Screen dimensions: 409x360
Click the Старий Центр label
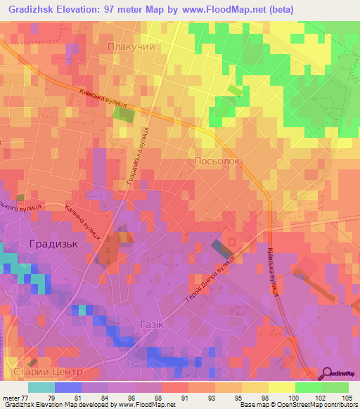click(x=53, y=370)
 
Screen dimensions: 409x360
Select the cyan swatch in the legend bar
click(x=41, y=387)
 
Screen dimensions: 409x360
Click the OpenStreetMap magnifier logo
click(x=328, y=373)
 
